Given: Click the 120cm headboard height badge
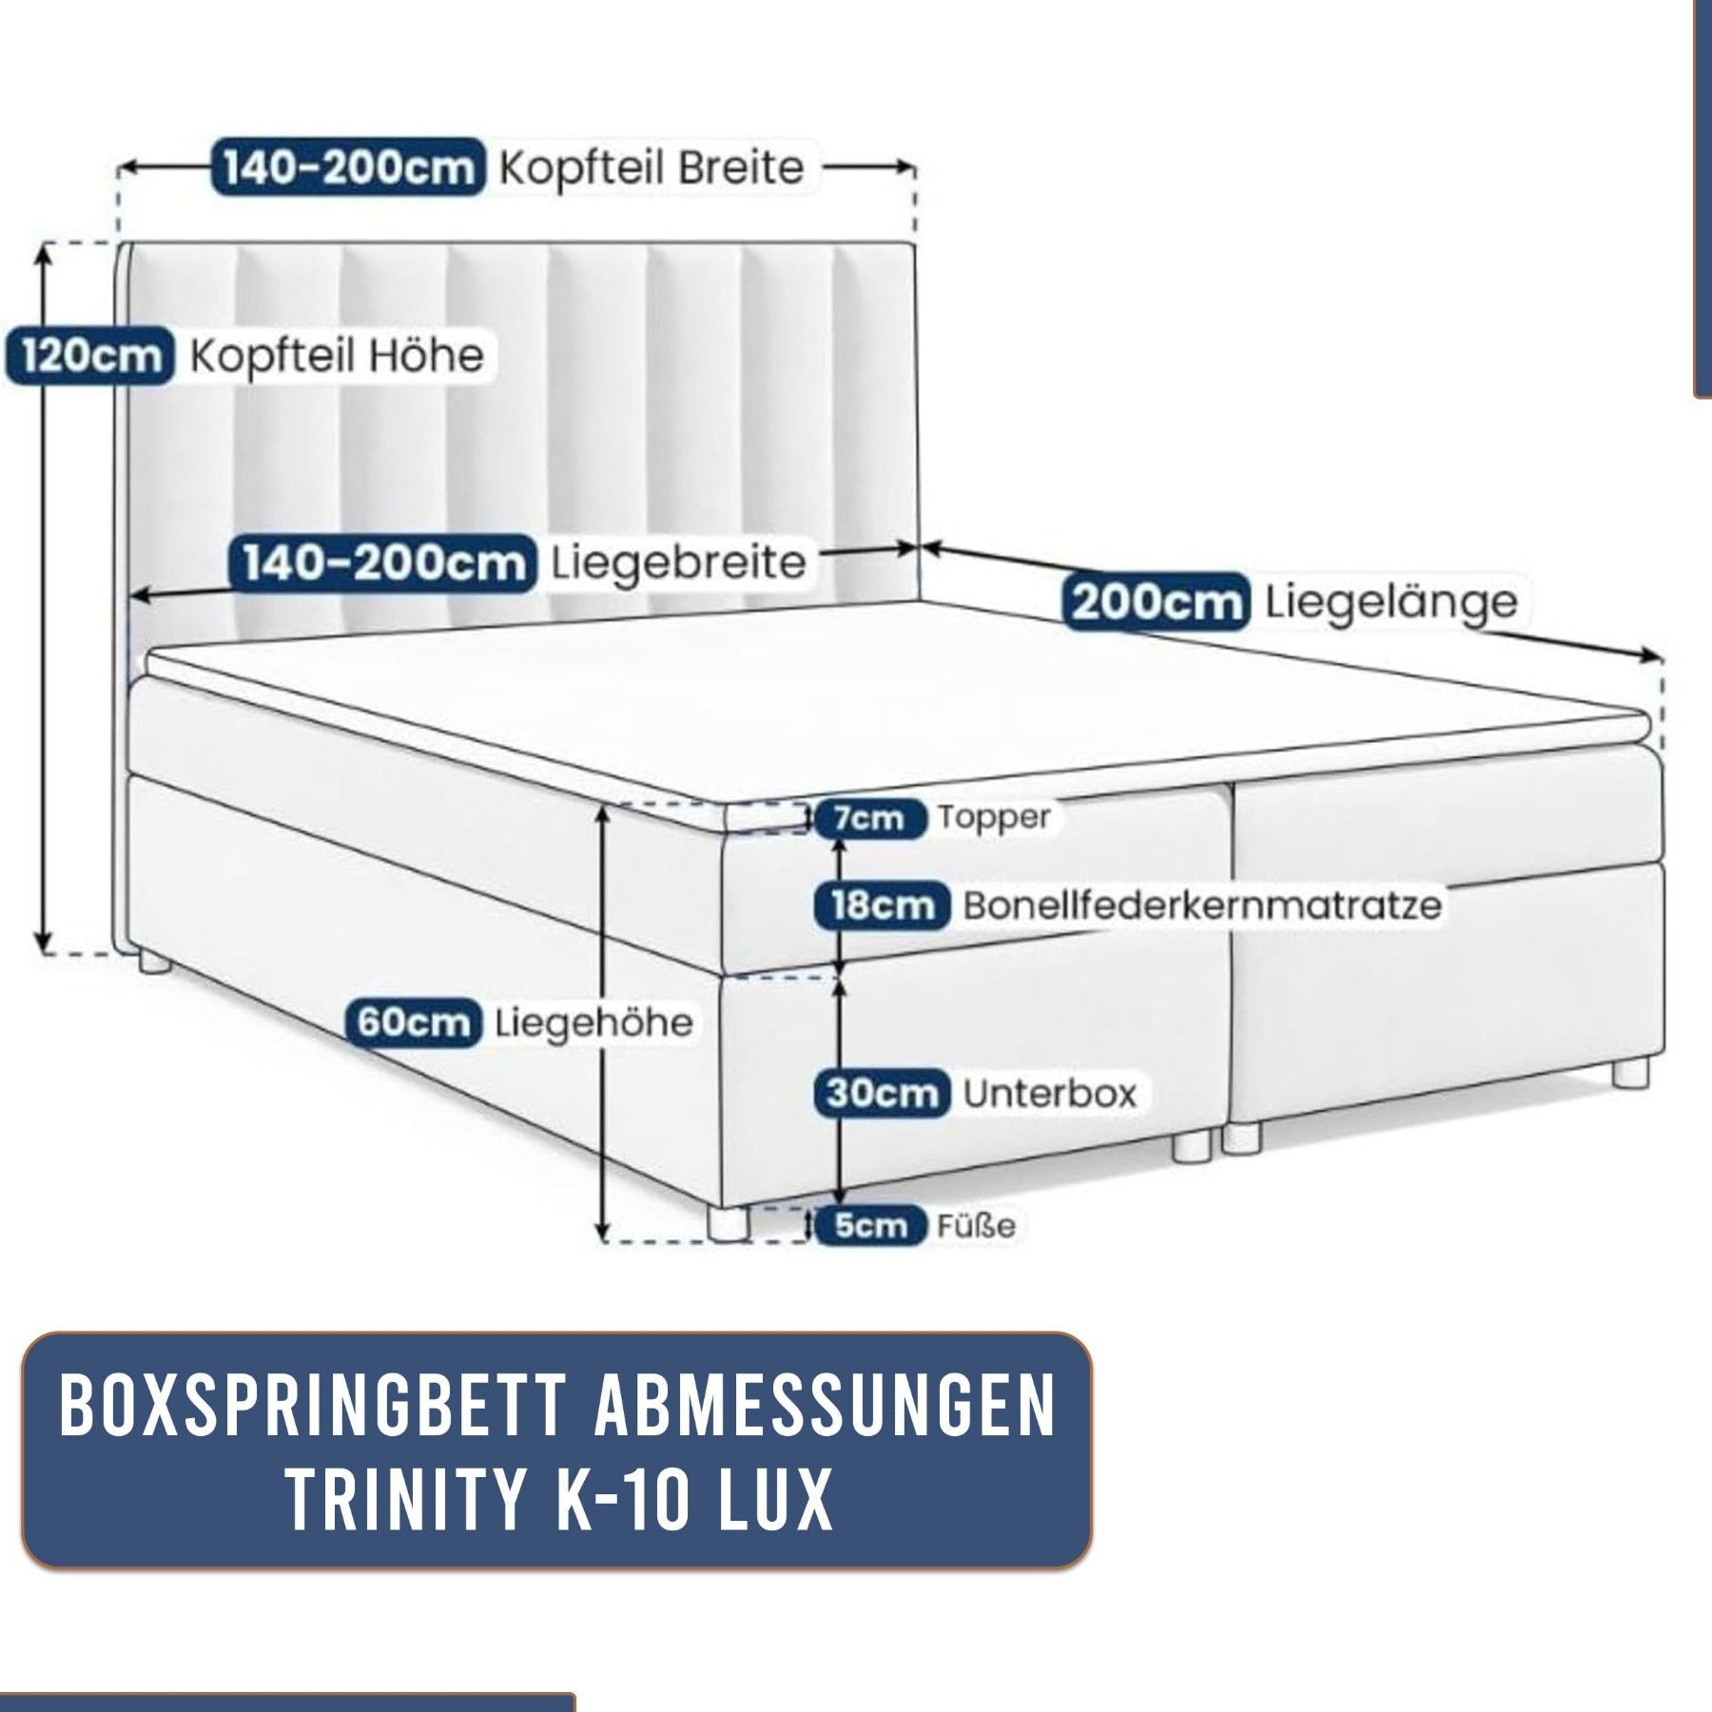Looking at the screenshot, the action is click(90, 357).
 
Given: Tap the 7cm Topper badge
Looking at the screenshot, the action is click(869, 819).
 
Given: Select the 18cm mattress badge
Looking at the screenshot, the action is click(882, 905).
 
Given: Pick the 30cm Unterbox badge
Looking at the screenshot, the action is click(882, 1093).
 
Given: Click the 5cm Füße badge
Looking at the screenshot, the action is click(869, 1225).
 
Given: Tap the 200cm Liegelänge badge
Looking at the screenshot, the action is click(1155, 601).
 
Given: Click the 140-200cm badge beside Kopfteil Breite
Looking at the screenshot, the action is click(347, 168).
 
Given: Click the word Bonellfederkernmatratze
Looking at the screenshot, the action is click(1202, 905).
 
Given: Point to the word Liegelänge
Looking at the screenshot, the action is click(1391, 602).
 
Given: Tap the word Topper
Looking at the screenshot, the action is click(994, 818).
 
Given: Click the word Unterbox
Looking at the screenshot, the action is click(1050, 1093).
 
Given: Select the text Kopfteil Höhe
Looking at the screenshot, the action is click(337, 357).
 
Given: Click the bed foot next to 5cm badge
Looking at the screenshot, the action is click(730, 1222).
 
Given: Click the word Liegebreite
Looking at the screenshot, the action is click(678, 564).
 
